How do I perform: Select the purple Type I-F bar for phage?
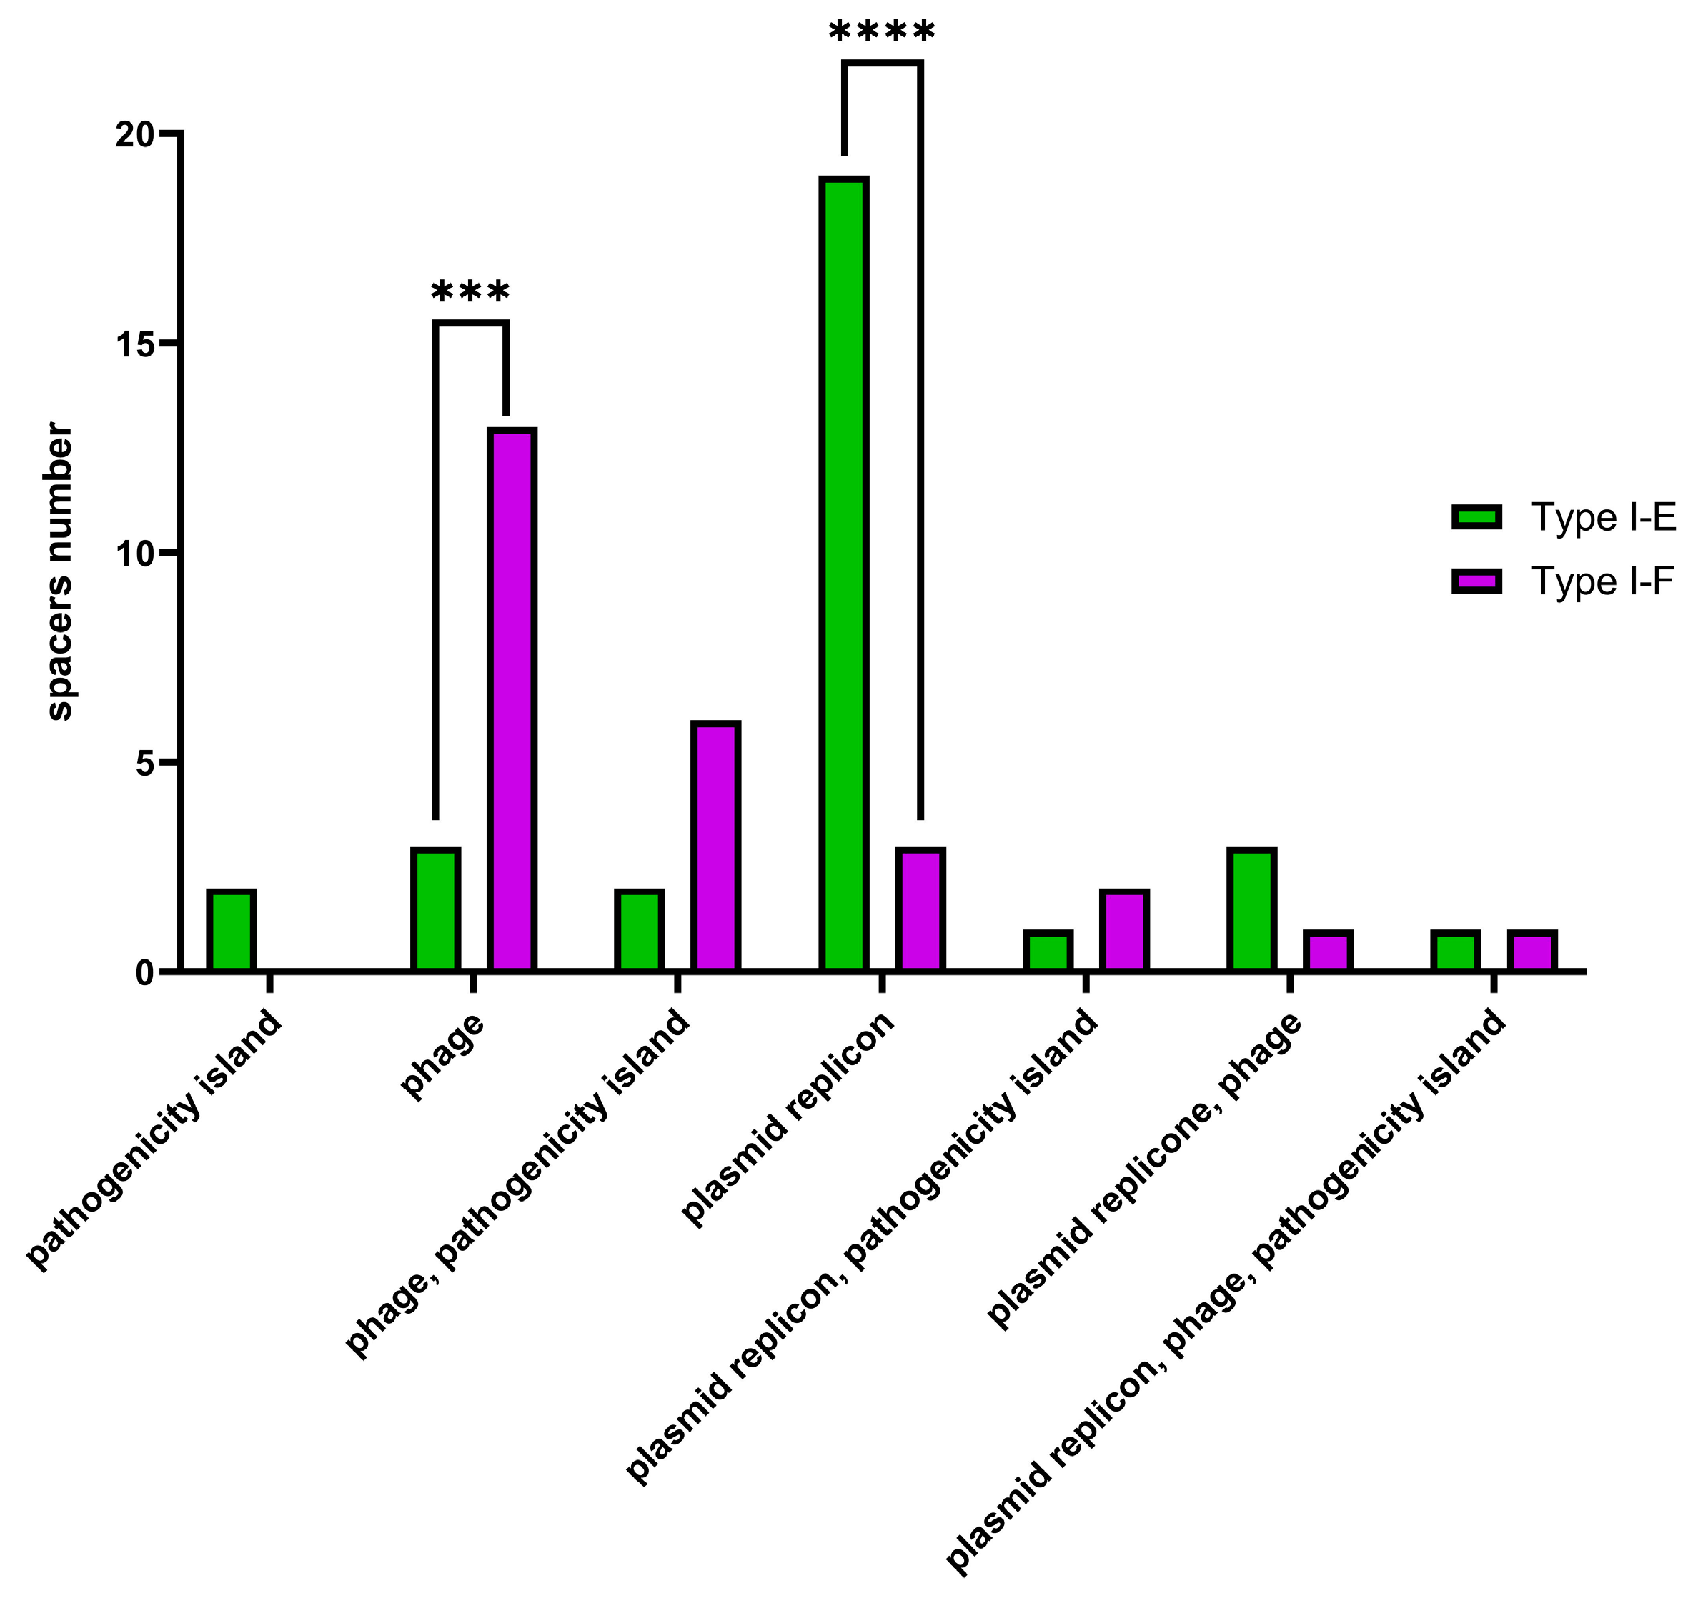tap(511, 700)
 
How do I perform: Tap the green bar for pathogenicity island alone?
tap(231, 931)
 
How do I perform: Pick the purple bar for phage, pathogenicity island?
tap(715, 847)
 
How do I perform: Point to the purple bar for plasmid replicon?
tap(919, 909)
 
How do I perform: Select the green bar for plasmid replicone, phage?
tap(1251, 909)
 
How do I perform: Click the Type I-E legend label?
tap(1603, 518)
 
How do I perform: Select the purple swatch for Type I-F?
tap(1476, 581)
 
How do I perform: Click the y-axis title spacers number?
tap(59, 571)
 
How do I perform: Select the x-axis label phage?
tap(442, 1057)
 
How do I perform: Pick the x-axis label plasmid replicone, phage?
tap(1143, 1172)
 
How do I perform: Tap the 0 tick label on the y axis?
tap(145, 973)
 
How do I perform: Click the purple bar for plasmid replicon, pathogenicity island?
tap(1123, 931)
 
